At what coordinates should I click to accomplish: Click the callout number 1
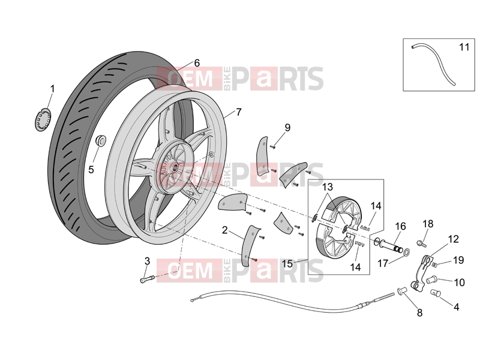click(x=52, y=89)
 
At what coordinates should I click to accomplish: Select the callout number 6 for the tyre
click(x=197, y=63)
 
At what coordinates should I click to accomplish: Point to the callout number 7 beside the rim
click(x=238, y=112)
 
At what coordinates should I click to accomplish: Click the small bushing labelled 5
click(x=101, y=141)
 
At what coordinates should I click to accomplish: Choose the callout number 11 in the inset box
click(x=464, y=47)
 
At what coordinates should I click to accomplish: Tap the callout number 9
click(x=287, y=127)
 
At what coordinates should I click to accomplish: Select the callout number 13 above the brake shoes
click(x=327, y=187)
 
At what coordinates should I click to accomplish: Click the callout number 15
click(x=287, y=263)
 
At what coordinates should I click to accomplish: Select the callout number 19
click(x=458, y=260)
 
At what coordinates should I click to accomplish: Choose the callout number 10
click(x=459, y=282)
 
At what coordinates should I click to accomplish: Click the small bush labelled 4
click(x=436, y=293)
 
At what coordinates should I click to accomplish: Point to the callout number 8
click(x=419, y=313)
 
